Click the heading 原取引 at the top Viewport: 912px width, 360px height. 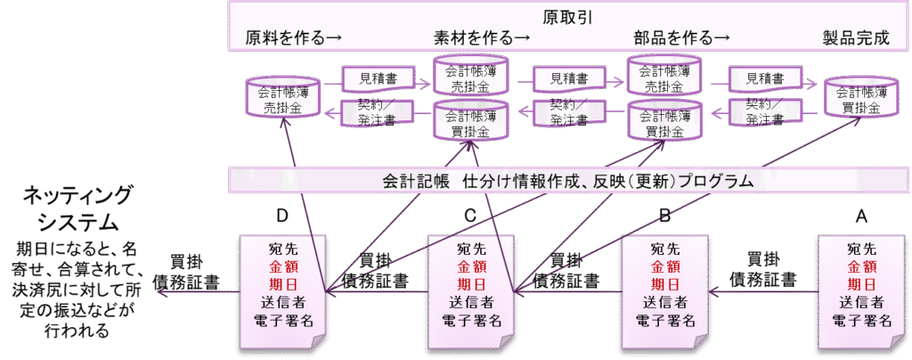pyautogui.click(x=568, y=16)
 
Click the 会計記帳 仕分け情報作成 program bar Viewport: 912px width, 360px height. pyautogui.click(x=568, y=181)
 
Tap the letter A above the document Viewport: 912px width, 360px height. pyautogui.click(x=860, y=217)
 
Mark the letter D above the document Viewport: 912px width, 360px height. pyautogui.click(x=283, y=217)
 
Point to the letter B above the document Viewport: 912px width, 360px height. pyautogui.click(x=664, y=217)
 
